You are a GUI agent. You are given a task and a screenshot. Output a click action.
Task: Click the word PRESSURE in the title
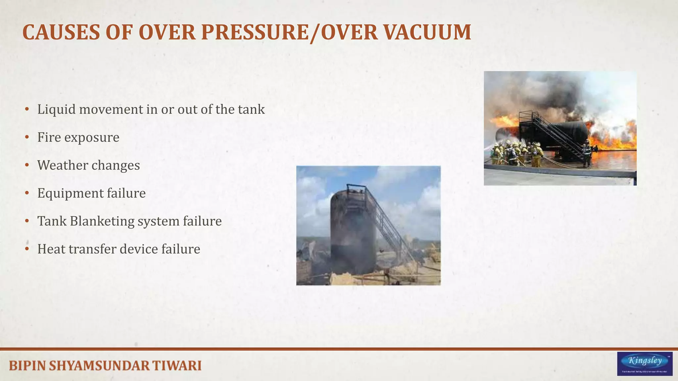click(x=255, y=32)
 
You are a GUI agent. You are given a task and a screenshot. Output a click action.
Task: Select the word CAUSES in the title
click(x=61, y=32)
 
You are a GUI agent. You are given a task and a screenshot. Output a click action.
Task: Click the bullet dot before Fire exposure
click(x=27, y=137)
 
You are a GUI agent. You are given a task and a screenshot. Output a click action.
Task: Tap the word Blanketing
click(x=102, y=221)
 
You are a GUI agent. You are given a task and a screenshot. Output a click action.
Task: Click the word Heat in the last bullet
click(x=51, y=249)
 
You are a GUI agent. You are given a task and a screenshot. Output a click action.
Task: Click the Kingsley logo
click(x=645, y=363)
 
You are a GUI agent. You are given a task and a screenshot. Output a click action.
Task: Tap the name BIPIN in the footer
click(x=27, y=366)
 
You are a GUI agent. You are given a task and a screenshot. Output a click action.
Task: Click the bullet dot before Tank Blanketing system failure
click(x=27, y=221)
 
